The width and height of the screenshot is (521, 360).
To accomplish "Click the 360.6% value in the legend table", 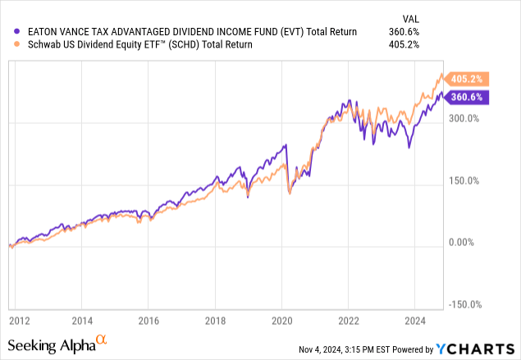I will coord(404,31).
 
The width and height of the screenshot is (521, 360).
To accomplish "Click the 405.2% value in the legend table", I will coord(404,44).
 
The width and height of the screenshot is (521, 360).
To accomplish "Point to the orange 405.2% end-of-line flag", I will coord(468,80).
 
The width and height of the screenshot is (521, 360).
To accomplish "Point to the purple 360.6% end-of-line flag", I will coord(468,97).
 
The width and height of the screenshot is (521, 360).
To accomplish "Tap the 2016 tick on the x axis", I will coord(147,321).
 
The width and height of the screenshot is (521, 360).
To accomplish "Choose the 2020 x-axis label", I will coord(281,321).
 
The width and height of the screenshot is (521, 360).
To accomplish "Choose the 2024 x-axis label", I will coord(414,321).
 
